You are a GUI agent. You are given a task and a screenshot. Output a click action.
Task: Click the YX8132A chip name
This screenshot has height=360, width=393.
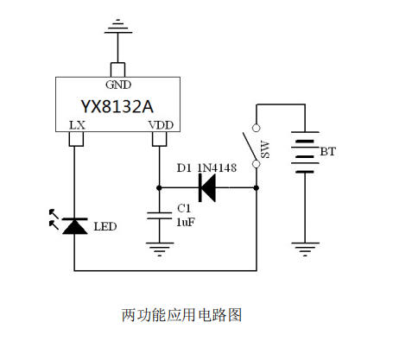click(x=117, y=106)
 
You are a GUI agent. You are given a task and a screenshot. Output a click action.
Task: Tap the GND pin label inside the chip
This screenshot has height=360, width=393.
click(x=118, y=85)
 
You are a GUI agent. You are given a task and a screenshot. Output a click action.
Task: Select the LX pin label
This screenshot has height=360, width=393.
click(x=78, y=125)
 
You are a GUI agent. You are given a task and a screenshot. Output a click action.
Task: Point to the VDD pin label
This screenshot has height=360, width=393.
click(x=161, y=125)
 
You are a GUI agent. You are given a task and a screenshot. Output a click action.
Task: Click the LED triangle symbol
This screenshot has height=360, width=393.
click(x=75, y=226)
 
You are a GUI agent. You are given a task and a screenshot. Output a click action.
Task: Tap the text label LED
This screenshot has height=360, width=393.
click(x=105, y=227)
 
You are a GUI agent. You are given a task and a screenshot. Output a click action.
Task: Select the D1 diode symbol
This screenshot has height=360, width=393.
click(x=207, y=188)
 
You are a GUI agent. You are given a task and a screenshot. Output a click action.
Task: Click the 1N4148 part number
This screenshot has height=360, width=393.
click(x=217, y=167)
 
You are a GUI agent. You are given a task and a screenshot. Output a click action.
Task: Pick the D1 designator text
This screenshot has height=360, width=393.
click(x=184, y=167)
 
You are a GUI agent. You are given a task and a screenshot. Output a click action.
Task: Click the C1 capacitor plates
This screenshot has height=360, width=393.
click(x=159, y=216)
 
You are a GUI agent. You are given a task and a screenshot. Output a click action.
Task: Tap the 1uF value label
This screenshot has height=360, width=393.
click(x=186, y=222)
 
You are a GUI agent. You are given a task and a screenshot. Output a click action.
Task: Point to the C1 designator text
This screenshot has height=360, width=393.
click(x=184, y=208)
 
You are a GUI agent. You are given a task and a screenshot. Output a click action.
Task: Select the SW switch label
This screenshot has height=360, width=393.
click(x=265, y=149)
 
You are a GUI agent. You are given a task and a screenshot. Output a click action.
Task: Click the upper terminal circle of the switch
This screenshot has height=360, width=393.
click(x=256, y=128)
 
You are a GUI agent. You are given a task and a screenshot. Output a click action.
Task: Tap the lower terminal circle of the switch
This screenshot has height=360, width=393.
click(x=256, y=164)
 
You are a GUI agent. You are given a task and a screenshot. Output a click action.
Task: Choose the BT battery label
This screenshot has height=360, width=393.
click(x=327, y=152)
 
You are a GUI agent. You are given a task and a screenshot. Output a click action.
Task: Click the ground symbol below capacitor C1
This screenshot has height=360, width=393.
click(x=160, y=249)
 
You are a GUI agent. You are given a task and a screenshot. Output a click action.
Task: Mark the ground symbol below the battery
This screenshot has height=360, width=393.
click(x=305, y=249)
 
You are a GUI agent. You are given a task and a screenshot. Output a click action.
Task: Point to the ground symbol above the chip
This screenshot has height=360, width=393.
click(x=118, y=26)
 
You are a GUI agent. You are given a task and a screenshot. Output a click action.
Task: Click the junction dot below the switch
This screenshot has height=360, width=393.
click(x=257, y=188)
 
